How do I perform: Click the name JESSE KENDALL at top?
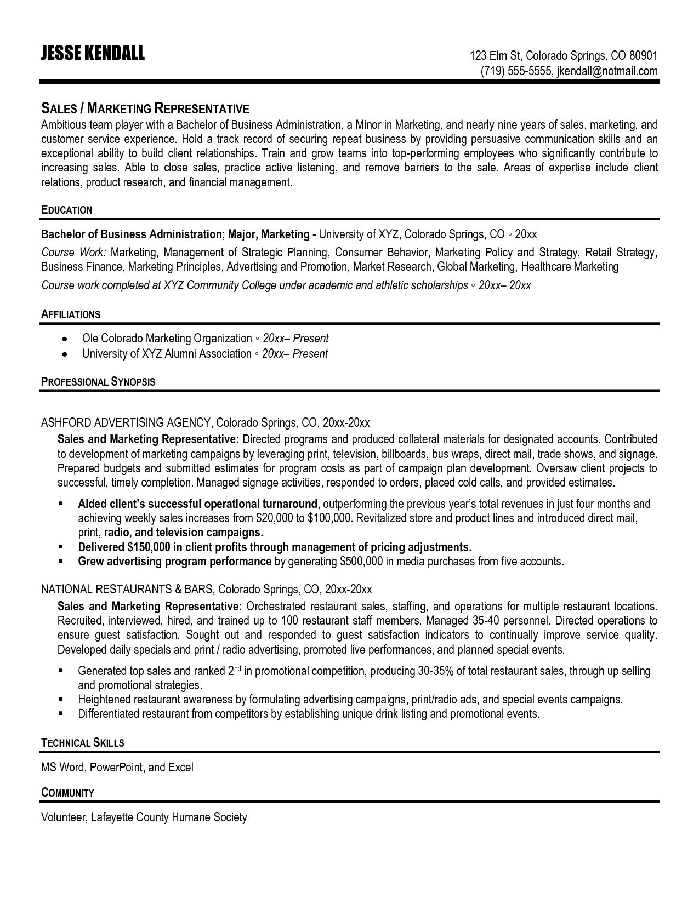[x=93, y=53]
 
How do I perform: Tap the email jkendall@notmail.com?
[x=607, y=71]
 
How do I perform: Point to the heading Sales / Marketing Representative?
[x=145, y=108]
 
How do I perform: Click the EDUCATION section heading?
[x=66, y=210]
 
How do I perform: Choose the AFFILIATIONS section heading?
[x=71, y=314]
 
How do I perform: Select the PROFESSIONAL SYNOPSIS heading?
[x=98, y=382]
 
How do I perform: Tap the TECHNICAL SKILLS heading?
[x=83, y=743]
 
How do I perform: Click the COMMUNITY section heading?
[x=67, y=793]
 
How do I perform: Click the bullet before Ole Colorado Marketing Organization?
[x=65, y=339]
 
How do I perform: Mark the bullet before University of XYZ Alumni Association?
[x=65, y=354]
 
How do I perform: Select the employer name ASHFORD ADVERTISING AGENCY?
[x=126, y=422]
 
